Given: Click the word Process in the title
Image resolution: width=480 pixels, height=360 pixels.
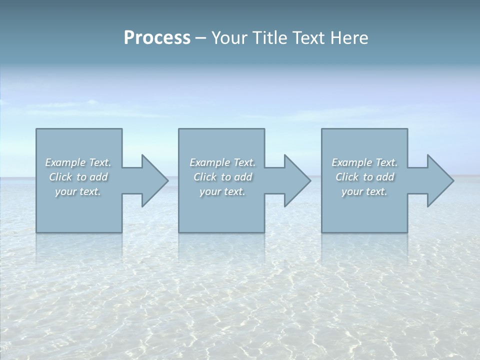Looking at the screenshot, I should [157, 38].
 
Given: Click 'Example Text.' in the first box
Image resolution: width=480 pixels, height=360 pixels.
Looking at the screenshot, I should [78, 162].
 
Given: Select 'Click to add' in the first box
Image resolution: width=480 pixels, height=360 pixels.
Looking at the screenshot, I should [78, 177].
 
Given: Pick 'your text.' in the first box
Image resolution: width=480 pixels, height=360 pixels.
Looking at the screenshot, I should [78, 191].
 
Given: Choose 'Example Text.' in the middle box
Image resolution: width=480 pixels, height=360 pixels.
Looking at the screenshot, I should [222, 162].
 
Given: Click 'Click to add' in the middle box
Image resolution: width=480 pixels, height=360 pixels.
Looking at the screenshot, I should [222, 177].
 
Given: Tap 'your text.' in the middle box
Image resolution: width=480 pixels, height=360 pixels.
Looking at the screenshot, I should [222, 191].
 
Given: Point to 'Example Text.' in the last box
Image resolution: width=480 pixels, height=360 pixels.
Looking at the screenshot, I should [364, 162].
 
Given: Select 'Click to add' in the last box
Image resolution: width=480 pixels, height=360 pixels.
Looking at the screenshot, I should [364, 177].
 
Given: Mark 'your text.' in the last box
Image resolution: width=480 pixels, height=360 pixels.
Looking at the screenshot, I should [364, 191].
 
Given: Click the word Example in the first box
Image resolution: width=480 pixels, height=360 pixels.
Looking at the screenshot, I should [65, 162].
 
